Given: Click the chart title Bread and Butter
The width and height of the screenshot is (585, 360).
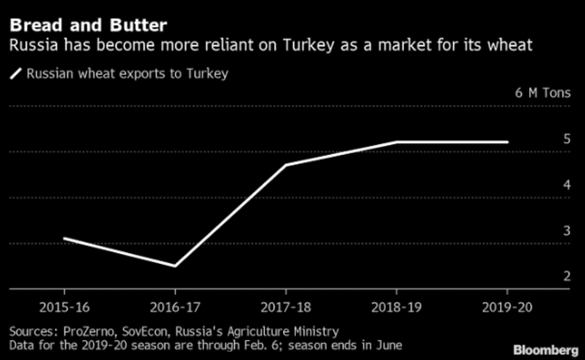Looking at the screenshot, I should tap(88, 26).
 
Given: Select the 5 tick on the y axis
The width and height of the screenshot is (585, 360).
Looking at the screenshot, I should tap(566, 140).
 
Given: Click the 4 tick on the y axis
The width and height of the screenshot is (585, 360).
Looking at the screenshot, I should tap(566, 185).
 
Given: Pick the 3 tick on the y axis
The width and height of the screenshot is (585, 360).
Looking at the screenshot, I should tap(566, 231).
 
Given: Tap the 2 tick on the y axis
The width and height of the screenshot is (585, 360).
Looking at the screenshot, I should tap(566, 276).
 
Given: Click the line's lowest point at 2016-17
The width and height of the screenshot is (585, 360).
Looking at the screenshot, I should tap(174, 266).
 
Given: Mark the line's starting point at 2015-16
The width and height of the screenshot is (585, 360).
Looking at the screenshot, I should tap(64, 238).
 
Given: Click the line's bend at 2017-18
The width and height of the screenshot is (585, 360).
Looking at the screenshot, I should tap(285, 165).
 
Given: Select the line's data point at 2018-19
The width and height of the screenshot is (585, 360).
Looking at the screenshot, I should tap(396, 142).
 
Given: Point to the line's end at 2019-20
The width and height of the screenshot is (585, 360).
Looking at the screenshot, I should tap(507, 142).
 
